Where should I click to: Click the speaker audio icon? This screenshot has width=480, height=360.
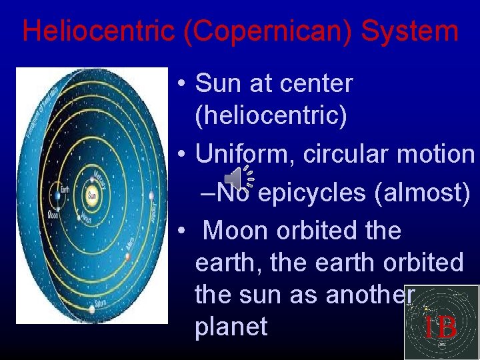click(235, 177)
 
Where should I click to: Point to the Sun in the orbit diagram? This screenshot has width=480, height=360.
click(91, 195)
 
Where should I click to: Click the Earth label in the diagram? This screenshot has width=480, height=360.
click(65, 189)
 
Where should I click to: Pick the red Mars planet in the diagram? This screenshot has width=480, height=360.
click(127, 256)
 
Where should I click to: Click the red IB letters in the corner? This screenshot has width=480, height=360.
click(440, 327)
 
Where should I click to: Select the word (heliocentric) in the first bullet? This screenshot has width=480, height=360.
click(271, 115)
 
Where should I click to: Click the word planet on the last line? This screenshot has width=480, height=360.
click(231, 327)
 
